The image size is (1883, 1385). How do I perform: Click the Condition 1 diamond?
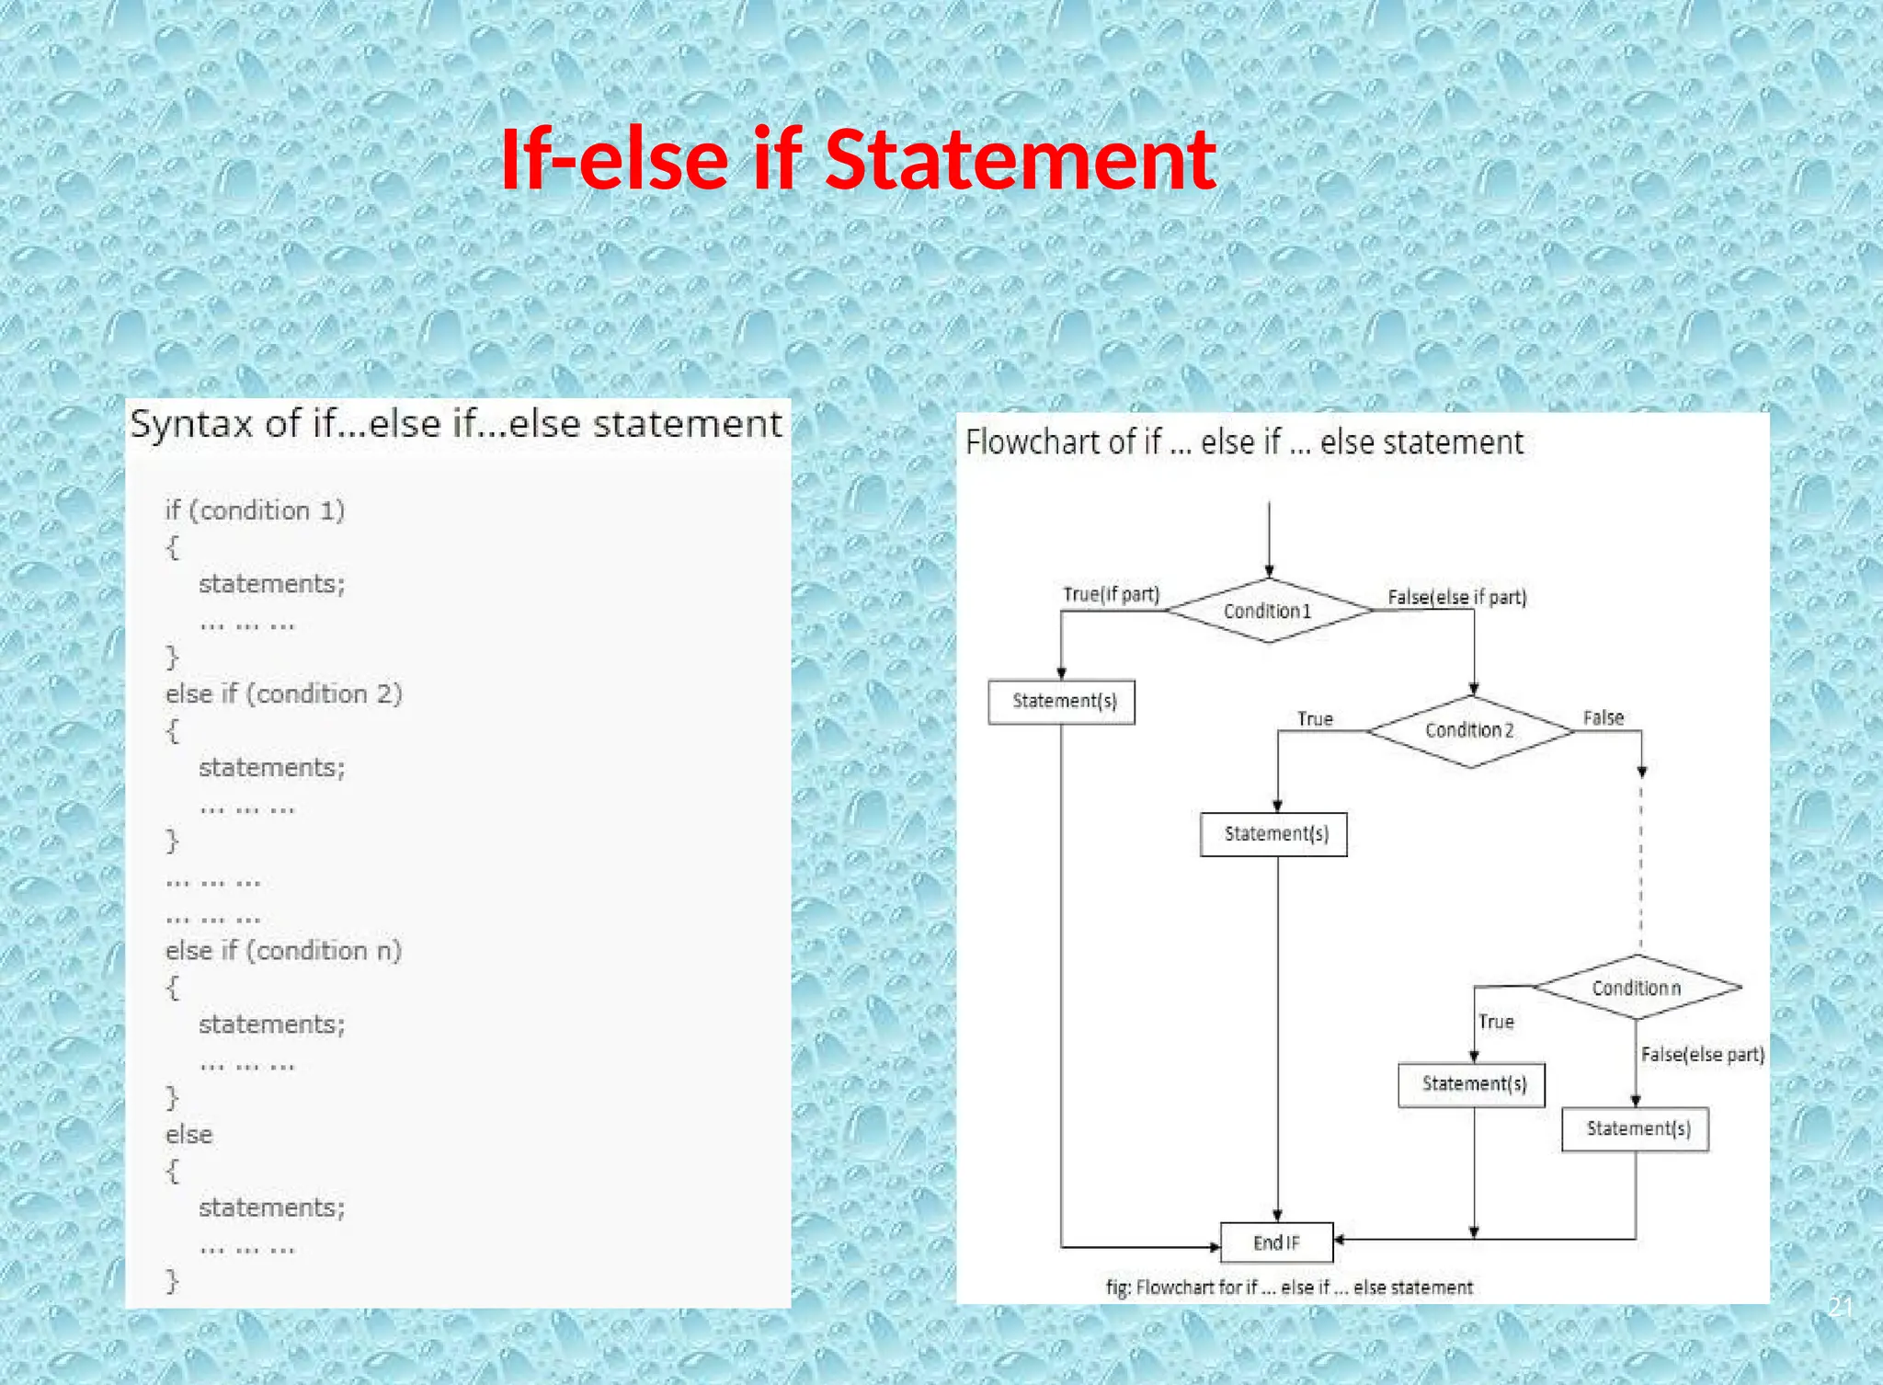click(1268, 611)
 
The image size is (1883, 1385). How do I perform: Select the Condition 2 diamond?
click(1469, 730)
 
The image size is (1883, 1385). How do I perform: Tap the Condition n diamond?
click(1637, 988)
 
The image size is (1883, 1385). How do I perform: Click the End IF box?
click(1276, 1242)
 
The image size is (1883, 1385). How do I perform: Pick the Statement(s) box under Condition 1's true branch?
click(1062, 702)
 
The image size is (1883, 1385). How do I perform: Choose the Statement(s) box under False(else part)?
click(1636, 1129)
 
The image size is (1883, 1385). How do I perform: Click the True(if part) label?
click(1111, 594)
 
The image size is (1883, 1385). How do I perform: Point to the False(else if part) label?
click(1456, 597)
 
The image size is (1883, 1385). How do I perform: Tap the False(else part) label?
click(1702, 1055)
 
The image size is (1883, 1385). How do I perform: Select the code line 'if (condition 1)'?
click(255, 510)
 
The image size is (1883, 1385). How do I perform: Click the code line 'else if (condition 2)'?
click(284, 693)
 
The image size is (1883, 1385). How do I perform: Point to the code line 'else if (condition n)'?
click(284, 950)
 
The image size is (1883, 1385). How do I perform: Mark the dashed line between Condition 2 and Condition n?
click(1641, 864)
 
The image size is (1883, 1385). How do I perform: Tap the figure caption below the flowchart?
click(1289, 1288)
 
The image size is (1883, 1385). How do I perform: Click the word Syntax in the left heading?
click(191, 424)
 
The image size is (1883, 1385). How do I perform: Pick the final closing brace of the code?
click(172, 1280)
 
